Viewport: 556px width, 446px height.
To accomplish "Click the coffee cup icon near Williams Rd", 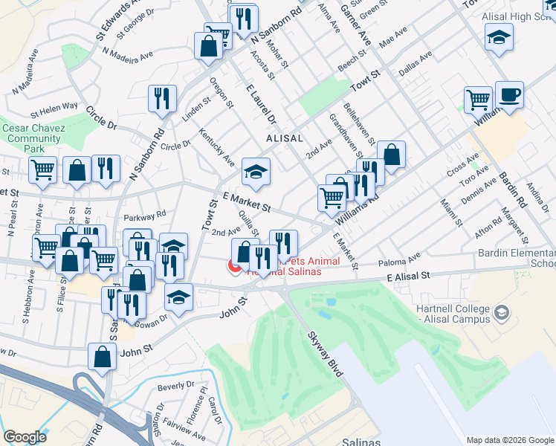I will (x=509, y=95).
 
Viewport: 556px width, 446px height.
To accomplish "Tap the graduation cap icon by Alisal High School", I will (x=499, y=36).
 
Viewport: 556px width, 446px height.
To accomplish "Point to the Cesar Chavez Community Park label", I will (x=33, y=138).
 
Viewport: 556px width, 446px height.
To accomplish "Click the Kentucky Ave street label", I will (x=217, y=148).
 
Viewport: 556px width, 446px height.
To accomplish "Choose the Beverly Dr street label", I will (x=175, y=387).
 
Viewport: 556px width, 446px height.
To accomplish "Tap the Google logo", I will (x=25, y=437).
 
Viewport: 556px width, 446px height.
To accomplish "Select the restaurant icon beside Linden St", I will (x=161, y=98).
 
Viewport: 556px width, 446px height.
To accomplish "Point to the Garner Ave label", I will (x=356, y=22).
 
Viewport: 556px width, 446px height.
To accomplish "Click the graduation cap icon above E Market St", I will (x=255, y=172).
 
